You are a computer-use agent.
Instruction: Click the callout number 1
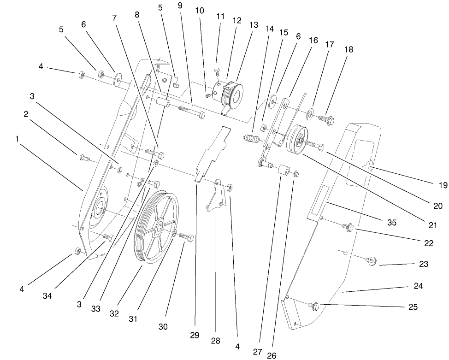tap(18, 138)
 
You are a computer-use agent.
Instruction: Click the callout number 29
tap(195, 335)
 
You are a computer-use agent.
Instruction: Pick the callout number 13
tap(254, 25)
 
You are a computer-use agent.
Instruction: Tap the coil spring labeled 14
tap(251, 138)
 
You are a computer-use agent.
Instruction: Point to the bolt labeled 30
tap(186, 238)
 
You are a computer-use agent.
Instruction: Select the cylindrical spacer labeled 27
tap(283, 172)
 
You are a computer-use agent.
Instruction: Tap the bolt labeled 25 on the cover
tap(315, 305)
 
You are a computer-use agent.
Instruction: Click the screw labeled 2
tap(86, 158)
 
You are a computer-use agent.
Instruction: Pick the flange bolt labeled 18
tap(326, 119)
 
